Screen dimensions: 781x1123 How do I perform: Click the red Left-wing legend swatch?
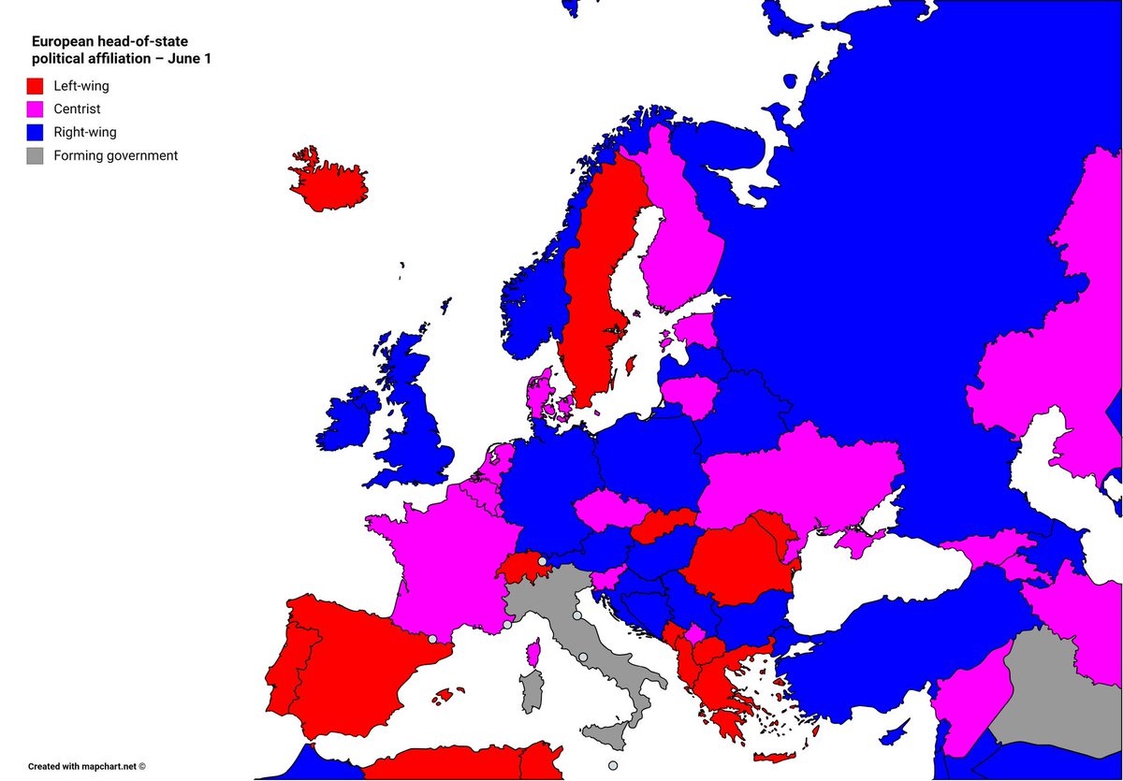click(36, 86)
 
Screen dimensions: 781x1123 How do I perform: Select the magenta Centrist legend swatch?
click(36, 109)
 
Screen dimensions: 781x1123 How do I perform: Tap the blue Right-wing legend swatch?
click(36, 133)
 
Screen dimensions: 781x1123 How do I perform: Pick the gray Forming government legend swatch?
click(36, 156)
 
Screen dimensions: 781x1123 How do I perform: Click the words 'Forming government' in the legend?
click(115, 156)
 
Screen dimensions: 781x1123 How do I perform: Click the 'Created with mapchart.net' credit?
click(86, 766)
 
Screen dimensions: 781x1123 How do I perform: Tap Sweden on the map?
click(594, 281)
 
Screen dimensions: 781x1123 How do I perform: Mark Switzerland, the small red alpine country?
click(523, 567)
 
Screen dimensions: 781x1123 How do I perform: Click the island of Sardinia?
click(532, 692)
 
